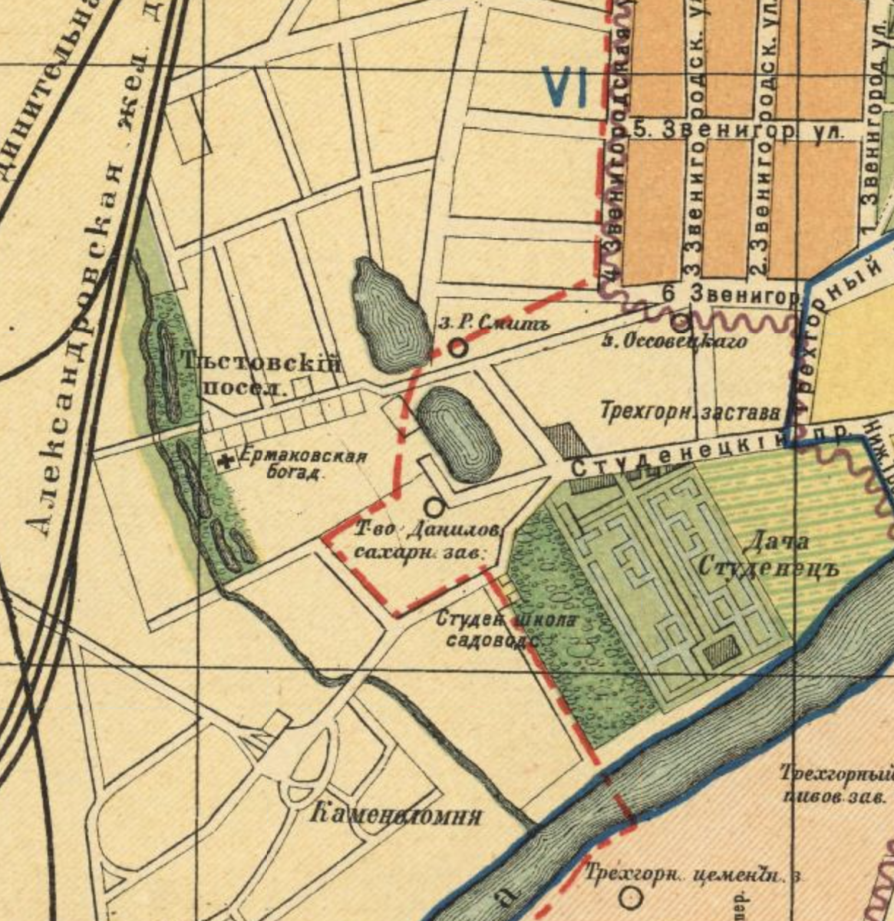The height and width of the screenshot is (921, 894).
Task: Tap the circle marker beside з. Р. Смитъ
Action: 457,348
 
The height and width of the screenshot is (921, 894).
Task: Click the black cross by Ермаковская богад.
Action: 226,461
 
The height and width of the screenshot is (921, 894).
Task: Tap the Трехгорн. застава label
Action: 690,412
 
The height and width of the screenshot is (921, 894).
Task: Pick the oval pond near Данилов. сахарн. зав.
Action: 459,434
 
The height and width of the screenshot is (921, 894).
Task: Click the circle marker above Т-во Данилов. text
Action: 434,507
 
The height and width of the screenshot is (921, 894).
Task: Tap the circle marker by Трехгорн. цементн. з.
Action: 632,896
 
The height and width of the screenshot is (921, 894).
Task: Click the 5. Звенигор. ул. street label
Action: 735,130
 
